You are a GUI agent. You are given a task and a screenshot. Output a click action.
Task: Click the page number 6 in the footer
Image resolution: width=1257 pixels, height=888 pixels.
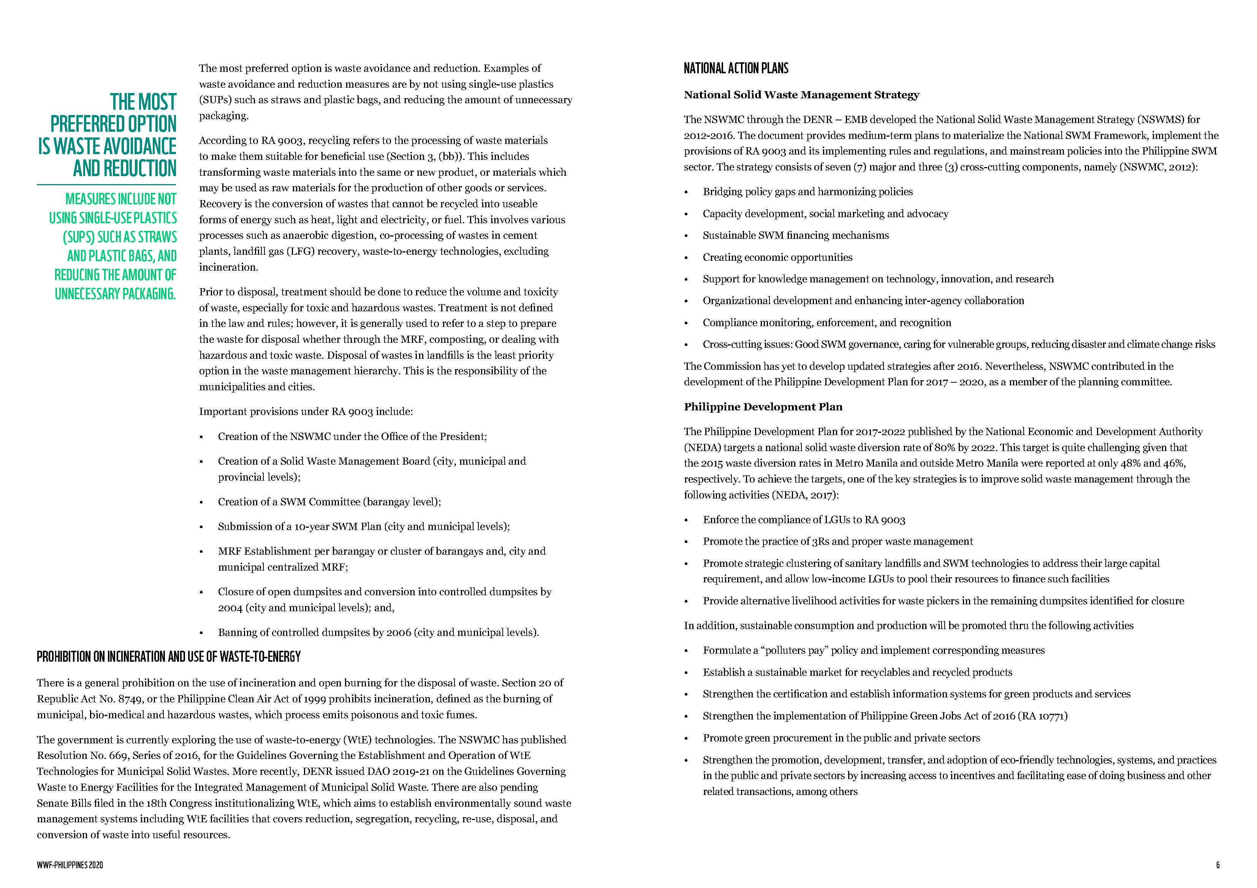coord(1217,864)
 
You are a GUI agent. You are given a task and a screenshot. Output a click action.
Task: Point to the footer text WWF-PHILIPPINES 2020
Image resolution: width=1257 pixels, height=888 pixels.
coord(70,865)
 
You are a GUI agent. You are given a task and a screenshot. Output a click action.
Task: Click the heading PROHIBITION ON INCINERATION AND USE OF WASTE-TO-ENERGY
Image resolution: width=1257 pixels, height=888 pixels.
coord(169,656)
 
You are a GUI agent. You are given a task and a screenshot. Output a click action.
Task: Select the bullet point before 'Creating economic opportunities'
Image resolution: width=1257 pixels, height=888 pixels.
coord(686,258)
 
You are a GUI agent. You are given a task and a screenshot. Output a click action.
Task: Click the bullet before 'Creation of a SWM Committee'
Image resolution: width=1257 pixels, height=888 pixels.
coord(201,502)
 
